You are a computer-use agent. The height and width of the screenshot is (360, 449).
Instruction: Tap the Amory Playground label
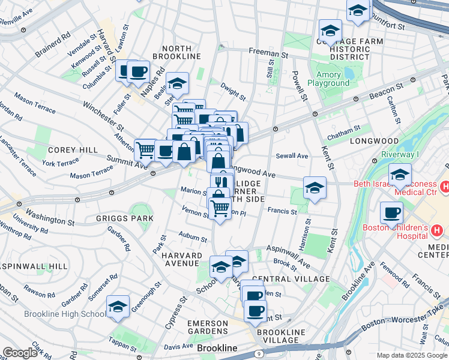pos(328,79)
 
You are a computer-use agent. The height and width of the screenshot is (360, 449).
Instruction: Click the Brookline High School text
pos(64,314)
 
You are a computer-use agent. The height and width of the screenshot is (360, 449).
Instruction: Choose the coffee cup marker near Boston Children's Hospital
pos(392,212)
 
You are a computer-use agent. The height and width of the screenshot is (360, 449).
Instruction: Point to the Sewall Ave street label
pos(292,156)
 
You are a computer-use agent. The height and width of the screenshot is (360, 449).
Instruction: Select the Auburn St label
pos(193,237)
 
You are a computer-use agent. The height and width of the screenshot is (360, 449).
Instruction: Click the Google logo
pos(20,352)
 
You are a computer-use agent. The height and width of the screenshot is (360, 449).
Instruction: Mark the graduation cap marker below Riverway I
pos(400,175)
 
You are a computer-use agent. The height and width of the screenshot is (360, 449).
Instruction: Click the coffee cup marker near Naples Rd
pos(138,71)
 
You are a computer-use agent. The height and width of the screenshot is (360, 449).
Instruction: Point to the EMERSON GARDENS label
pos(208,328)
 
